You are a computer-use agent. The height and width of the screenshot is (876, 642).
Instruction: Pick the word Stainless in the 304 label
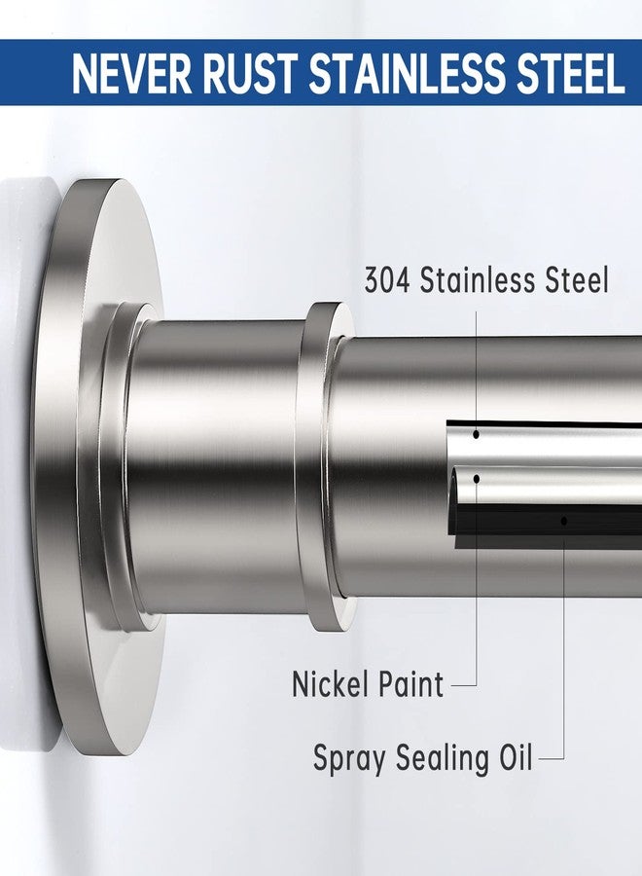click(x=478, y=280)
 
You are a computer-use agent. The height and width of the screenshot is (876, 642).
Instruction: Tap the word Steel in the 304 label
click(x=577, y=280)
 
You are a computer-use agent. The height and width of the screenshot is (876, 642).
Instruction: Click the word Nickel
click(x=328, y=684)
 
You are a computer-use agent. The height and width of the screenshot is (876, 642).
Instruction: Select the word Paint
click(x=410, y=684)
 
